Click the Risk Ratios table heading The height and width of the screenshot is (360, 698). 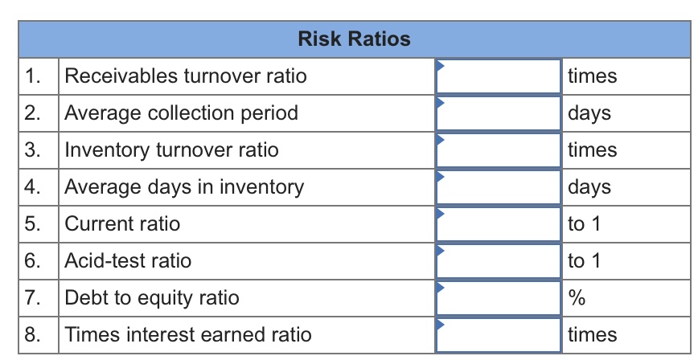coord(354,39)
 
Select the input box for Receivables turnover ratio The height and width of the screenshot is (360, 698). coord(499,76)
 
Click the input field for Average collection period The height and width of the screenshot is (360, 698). coord(499,113)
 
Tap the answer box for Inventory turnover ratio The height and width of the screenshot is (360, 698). coord(499,150)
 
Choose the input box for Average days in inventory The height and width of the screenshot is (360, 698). coord(499,187)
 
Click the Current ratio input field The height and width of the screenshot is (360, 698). coord(499,224)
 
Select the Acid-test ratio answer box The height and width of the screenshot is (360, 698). coord(499,261)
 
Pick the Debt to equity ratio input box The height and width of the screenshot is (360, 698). coord(499,298)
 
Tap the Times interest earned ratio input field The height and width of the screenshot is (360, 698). coord(499,335)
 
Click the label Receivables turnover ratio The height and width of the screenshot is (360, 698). coord(185,76)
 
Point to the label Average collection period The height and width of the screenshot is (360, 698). coord(181,113)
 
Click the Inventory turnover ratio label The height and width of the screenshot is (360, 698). coord(171,150)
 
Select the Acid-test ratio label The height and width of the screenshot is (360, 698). coord(128,261)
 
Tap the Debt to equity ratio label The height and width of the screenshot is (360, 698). coord(151,298)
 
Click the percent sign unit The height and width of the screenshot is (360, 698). coord(576,298)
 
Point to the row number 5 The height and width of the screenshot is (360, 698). coord(31,224)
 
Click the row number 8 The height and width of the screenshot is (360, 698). coord(31,335)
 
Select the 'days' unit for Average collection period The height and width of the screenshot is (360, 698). coord(589,113)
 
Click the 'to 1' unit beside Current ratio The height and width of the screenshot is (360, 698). coord(584,224)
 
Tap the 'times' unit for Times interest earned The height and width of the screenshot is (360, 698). coord(592,335)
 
